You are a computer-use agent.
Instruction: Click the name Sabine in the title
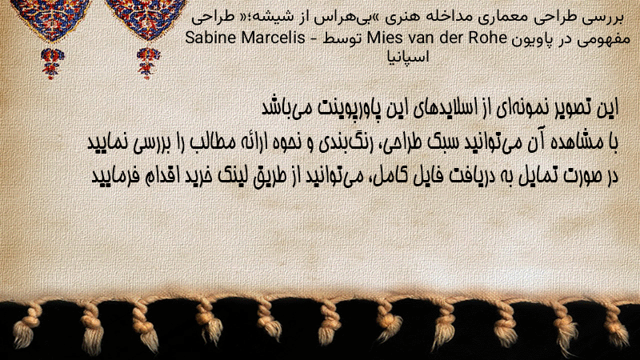pos(210,38)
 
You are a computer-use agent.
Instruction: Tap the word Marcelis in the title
pos(273,38)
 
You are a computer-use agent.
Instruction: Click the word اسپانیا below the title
pos(408,56)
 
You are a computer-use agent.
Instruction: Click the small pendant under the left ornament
pos(52,63)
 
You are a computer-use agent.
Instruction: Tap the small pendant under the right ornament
pos(148,63)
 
